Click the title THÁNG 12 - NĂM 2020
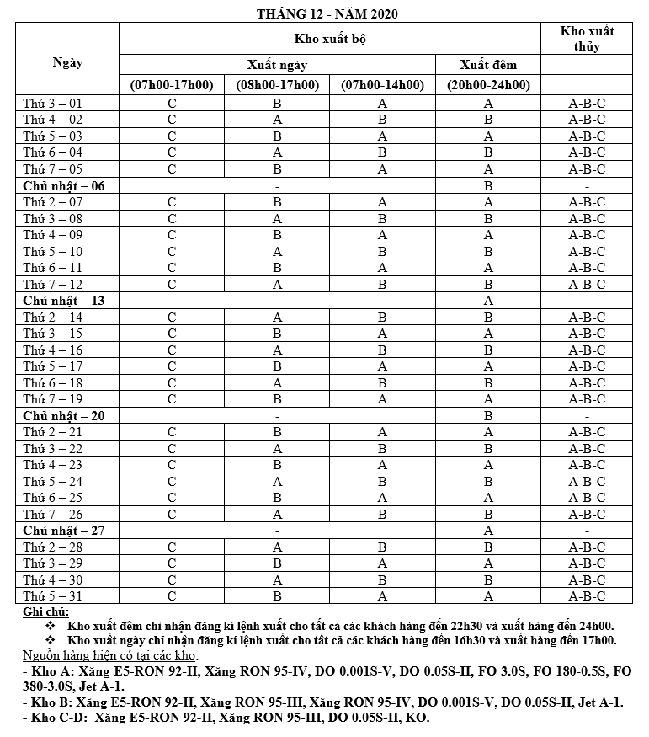tap(328, 13)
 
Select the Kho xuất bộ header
tap(329, 39)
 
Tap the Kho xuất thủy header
tap(587, 39)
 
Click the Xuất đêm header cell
tap(488, 64)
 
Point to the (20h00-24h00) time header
tap(488, 85)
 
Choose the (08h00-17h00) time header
tap(277, 85)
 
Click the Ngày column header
tap(67, 61)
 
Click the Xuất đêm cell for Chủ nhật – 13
tap(488, 301)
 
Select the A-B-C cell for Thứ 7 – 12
tap(587, 284)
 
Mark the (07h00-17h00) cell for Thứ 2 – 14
tap(172, 317)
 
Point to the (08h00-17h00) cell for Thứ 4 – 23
tap(277, 465)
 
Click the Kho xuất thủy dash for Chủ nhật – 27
tap(587, 531)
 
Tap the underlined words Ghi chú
tap(46, 611)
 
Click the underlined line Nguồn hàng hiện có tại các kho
tap(110, 654)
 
